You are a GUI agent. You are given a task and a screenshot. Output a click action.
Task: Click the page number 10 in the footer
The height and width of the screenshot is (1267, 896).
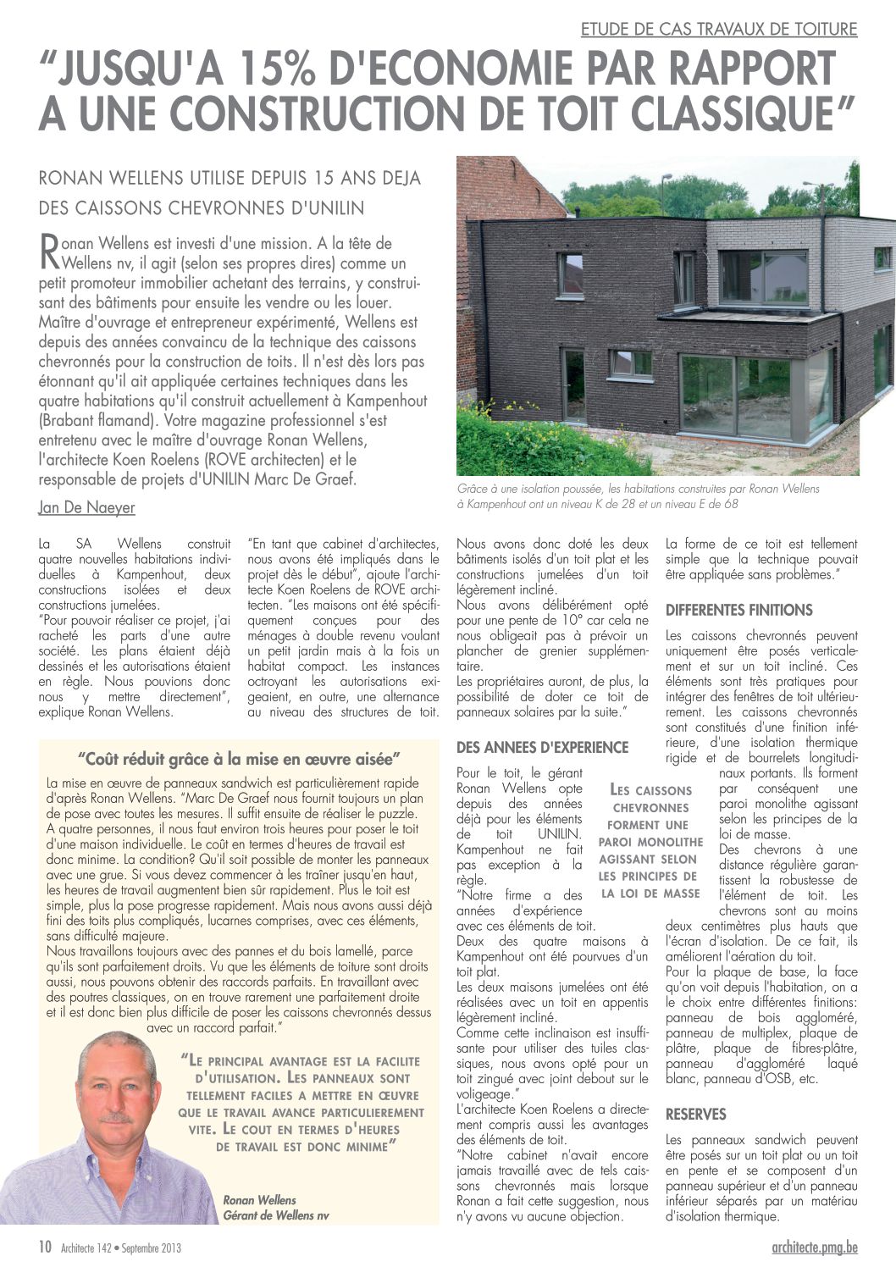(45, 1247)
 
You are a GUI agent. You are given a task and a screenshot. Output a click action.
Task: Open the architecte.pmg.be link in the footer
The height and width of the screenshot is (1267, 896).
(815, 1247)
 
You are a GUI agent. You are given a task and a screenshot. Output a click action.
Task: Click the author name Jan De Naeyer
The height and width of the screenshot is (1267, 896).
(86, 507)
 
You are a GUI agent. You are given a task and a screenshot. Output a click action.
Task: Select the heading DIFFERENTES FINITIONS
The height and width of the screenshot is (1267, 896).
(738, 610)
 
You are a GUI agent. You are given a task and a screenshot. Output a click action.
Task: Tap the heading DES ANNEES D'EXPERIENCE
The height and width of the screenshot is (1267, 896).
(542, 747)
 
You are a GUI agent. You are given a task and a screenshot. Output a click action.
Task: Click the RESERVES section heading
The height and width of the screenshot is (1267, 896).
(695, 1115)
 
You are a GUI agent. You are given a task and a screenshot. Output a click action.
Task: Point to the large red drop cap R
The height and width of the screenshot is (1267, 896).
(50, 249)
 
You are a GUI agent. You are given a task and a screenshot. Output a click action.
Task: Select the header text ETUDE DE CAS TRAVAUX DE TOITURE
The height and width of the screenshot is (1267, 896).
(719, 30)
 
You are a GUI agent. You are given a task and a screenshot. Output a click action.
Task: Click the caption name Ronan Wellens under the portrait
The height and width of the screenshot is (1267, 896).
(259, 1200)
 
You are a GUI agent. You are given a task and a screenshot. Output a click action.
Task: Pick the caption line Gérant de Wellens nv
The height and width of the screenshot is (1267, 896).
(275, 1215)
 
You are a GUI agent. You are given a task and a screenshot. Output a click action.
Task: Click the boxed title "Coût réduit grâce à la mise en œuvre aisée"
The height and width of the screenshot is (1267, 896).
(239, 759)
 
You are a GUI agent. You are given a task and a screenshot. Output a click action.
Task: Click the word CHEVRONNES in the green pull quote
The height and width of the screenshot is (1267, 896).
(650, 808)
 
